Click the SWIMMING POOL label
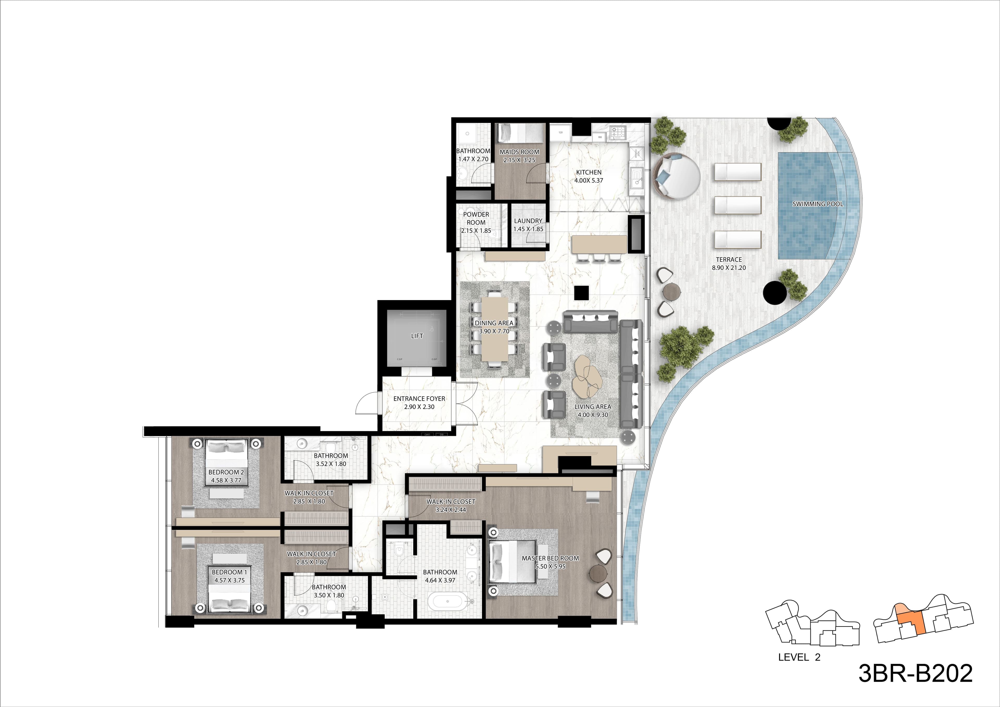click(x=817, y=204)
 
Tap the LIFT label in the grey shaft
click(x=417, y=336)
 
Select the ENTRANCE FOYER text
click(x=419, y=399)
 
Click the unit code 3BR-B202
click(x=915, y=673)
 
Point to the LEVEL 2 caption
click(x=799, y=657)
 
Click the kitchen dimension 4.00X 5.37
click(x=589, y=180)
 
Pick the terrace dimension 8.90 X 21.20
click(x=729, y=268)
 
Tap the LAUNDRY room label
click(x=528, y=221)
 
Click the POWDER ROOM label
click(x=476, y=218)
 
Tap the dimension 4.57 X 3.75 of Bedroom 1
click(x=229, y=580)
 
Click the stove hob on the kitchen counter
click(x=618, y=132)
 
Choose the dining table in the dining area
click(x=494, y=329)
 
